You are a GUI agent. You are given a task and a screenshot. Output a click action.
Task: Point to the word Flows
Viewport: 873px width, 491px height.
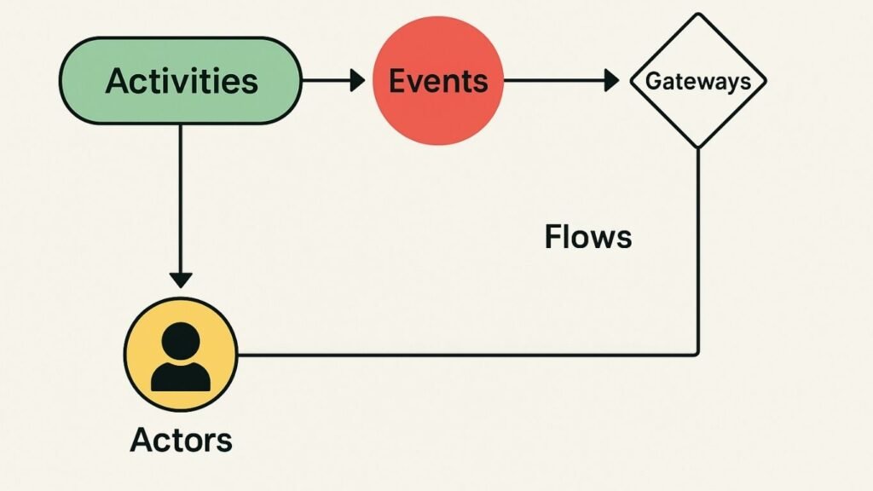tap(588, 236)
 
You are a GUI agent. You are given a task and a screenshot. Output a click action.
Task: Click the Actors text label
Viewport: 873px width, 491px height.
tap(181, 440)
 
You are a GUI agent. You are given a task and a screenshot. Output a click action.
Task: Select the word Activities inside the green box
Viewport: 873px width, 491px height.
tap(181, 82)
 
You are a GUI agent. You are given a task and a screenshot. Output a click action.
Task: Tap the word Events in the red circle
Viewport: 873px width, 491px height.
tap(437, 81)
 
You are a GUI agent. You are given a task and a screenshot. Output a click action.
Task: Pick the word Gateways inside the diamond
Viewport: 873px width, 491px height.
tap(697, 81)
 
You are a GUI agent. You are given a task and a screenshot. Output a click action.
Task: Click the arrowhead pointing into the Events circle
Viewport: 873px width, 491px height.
tap(357, 81)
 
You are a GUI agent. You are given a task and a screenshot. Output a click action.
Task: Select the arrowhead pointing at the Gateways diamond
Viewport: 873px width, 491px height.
tap(611, 81)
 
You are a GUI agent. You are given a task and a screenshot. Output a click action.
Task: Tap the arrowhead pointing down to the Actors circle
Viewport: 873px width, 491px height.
tap(181, 279)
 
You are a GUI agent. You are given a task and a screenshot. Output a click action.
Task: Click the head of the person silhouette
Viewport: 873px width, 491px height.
tap(181, 343)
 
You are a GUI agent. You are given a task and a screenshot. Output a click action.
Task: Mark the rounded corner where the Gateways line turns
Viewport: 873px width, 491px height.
tap(697, 351)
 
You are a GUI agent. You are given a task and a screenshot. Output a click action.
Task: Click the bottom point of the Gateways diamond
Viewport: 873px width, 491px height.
tap(697, 146)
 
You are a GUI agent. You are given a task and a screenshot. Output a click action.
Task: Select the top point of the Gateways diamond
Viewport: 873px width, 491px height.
tap(697, 15)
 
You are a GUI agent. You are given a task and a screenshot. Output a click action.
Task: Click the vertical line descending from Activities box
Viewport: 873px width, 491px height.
tap(181, 196)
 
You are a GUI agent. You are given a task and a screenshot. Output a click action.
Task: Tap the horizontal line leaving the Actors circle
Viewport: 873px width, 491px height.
tap(469, 355)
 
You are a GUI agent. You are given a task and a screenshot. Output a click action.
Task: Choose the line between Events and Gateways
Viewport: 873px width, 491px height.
tap(554, 81)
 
